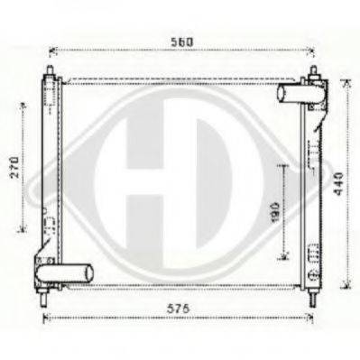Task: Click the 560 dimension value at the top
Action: pyautogui.click(x=181, y=42)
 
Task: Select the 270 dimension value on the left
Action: pyautogui.click(x=15, y=167)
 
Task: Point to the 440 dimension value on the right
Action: pyautogui.click(x=339, y=184)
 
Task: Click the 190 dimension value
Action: pyautogui.click(x=275, y=213)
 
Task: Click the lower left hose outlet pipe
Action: pyautogui.click(x=64, y=272)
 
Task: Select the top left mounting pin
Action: pyautogui.click(x=50, y=71)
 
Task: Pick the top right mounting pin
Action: pyautogui.click(x=314, y=72)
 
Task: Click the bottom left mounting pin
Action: pyautogui.click(x=44, y=299)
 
